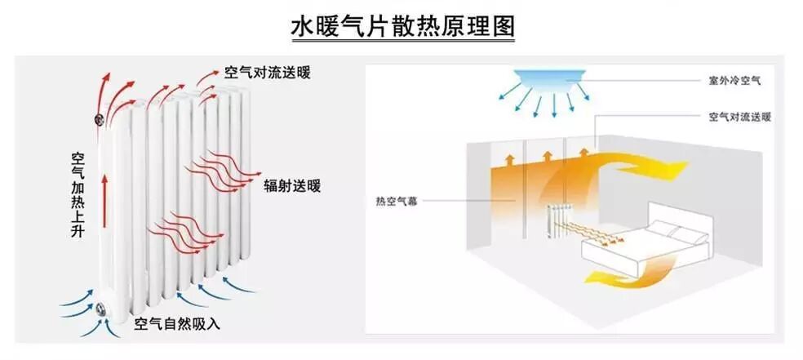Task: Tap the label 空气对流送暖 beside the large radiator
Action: click(267, 72)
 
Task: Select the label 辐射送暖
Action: click(291, 185)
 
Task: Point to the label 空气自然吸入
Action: click(177, 323)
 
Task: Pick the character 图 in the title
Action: click(502, 26)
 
